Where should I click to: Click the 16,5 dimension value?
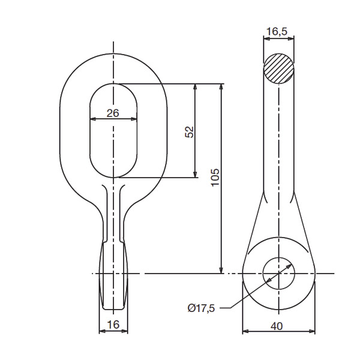click(x=277, y=32)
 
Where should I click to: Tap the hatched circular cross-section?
click(x=278, y=68)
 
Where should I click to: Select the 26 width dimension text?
click(x=113, y=113)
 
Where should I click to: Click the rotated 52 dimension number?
click(x=190, y=132)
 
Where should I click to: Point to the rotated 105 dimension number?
click(x=215, y=178)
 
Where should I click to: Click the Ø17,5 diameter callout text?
click(x=201, y=308)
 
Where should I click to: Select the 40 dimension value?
click(x=277, y=326)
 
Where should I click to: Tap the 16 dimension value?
click(x=113, y=325)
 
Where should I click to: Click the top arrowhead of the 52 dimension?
click(x=195, y=86)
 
